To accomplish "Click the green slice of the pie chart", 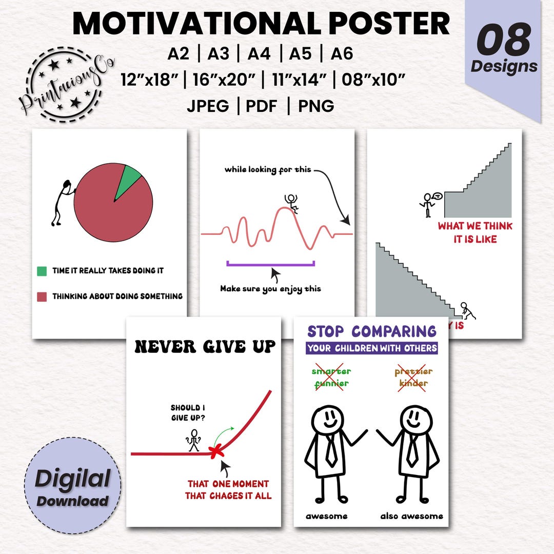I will point(129,180).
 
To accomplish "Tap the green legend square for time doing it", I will point(42,270).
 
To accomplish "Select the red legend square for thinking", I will point(42,296).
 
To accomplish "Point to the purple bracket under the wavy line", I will point(270,264).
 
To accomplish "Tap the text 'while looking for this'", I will point(268,169).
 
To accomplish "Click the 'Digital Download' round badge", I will point(72,485).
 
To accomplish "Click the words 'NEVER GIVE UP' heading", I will point(205,347).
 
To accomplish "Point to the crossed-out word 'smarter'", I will point(331,371).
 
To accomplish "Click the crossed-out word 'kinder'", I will point(413,383).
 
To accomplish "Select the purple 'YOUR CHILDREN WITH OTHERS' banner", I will point(372,348).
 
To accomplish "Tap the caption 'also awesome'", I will point(411,516).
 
